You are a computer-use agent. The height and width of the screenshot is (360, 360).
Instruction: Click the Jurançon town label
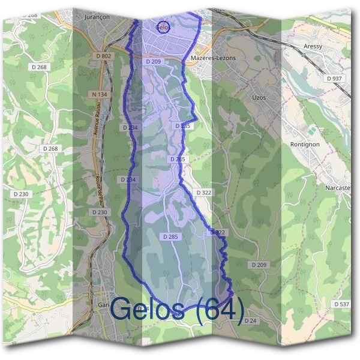pyautogui.click(x=94, y=18)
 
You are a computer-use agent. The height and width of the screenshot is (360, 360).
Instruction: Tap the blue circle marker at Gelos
pyautogui.click(x=163, y=26)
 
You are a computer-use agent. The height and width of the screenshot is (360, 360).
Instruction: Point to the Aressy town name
pyautogui.click(x=313, y=46)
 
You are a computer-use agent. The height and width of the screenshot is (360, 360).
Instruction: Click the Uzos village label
pyautogui.click(x=259, y=97)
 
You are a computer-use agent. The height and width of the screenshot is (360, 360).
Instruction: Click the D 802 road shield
pyautogui.click(x=103, y=56)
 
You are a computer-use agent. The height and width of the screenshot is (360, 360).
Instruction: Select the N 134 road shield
pyautogui.click(x=100, y=94)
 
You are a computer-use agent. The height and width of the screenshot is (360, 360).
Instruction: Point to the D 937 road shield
pyautogui.click(x=334, y=79)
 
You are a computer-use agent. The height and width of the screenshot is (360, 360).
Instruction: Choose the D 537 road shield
pyautogui.click(x=341, y=305)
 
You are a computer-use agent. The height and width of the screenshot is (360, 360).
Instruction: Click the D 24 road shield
pyautogui.click(x=250, y=322)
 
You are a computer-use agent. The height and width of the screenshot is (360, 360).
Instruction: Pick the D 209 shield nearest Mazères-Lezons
pyautogui.click(x=153, y=61)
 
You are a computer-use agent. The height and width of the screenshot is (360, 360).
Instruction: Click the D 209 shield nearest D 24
pyautogui.click(x=259, y=265)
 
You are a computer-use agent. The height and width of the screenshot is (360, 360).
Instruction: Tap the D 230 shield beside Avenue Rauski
pyautogui.click(x=100, y=212)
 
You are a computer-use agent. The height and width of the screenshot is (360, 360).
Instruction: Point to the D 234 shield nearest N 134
pyautogui.click(x=130, y=127)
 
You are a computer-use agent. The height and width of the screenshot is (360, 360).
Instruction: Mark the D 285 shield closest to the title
pyautogui.click(x=170, y=237)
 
